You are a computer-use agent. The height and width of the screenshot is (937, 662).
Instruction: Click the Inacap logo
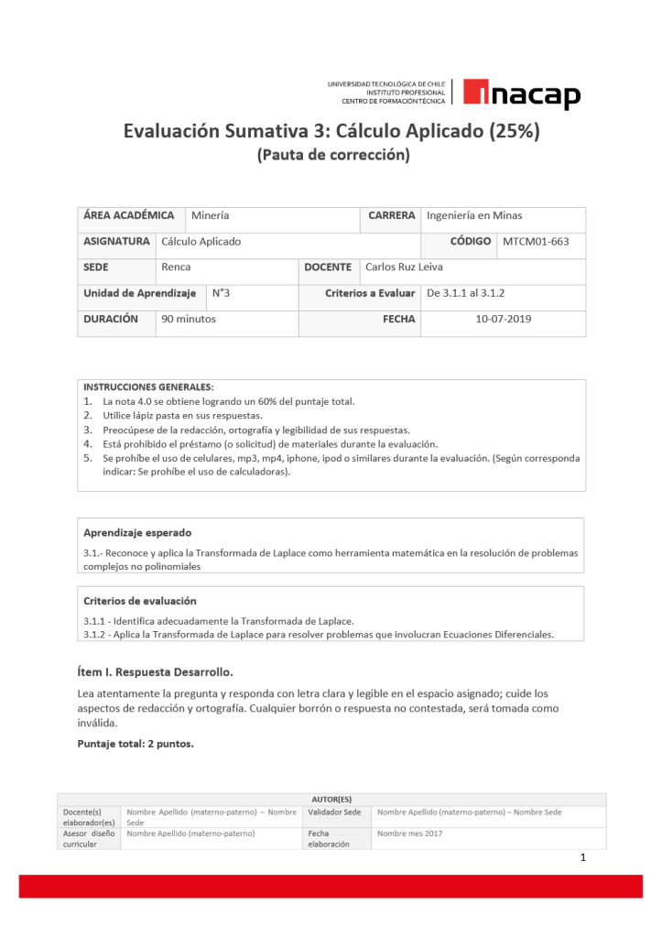tap(521, 94)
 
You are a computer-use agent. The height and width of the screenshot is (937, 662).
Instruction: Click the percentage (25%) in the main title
tap(514, 131)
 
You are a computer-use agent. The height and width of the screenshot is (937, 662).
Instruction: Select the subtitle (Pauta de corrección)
tap(333, 155)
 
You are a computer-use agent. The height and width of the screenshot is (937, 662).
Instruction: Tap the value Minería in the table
tap(211, 215)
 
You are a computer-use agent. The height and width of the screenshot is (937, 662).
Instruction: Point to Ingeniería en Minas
tap(474, 215)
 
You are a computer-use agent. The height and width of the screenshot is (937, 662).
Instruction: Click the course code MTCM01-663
tap(536, 242)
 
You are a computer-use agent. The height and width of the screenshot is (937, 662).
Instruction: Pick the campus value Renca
tap(176, 267)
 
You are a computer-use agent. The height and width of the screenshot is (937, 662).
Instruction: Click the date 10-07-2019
tap(504, 320)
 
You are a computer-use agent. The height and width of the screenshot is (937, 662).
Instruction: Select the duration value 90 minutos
tap(189, 320)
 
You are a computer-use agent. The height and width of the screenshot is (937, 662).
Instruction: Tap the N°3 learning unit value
tap(221, 293)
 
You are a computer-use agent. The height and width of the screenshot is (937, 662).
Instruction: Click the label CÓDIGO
tap(471, 242)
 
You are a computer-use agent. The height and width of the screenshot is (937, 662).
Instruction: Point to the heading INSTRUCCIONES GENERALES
tap(148, 387)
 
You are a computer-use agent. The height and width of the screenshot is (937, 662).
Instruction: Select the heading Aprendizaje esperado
tap(137, 532)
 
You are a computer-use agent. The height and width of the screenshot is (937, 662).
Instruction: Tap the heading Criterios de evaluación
tap(139, 601)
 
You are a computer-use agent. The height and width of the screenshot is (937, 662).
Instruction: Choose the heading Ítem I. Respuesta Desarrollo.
tap(155, 671)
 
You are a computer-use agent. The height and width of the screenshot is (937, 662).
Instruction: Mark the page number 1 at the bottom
tap(582, 858)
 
